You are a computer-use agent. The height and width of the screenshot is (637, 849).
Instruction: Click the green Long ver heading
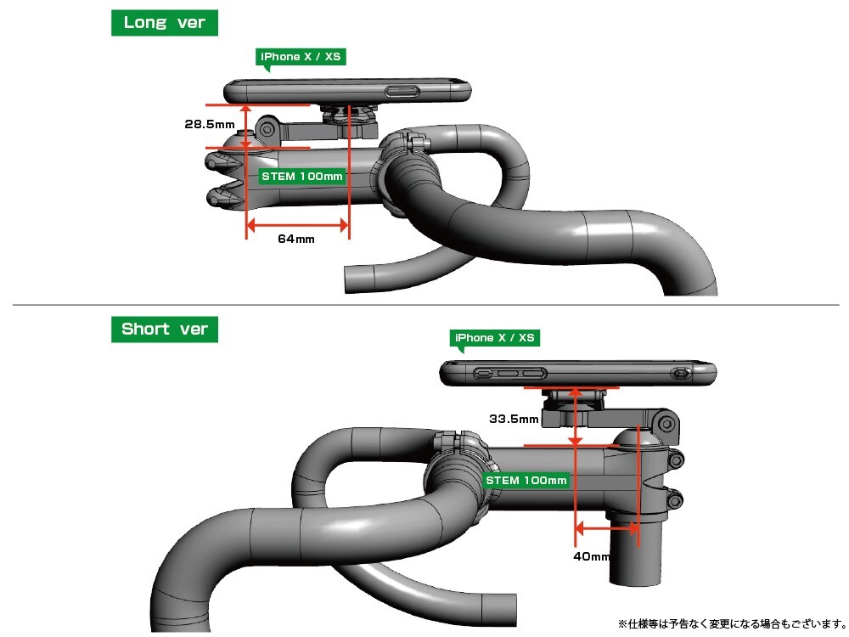point(165,23)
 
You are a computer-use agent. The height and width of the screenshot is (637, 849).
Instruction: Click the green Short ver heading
point(165,330)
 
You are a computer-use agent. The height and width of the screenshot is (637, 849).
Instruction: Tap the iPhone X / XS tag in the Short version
point(495,338)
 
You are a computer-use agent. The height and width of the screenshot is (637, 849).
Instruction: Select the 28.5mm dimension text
point(210,124)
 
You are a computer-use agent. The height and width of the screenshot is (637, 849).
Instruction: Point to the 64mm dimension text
point(296,239)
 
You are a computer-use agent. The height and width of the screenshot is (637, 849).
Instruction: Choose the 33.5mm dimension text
point(514,419)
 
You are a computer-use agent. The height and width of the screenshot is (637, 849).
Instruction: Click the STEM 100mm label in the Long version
point(301,177)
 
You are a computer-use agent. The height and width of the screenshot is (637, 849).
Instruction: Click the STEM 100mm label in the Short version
point(526,481)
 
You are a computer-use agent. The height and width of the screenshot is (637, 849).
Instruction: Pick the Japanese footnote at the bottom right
point(731,623)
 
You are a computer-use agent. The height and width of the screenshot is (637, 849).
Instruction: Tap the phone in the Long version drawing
point(348,89)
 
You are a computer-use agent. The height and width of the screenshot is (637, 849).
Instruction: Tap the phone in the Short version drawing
point(577,372)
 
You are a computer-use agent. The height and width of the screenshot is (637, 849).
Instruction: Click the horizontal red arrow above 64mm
point(297,225)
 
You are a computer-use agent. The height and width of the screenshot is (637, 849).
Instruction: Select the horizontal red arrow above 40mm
point(607,527)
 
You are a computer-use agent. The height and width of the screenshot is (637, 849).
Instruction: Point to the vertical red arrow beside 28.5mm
point(245,127)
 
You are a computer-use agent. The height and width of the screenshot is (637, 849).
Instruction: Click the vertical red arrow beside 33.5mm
point(576,416)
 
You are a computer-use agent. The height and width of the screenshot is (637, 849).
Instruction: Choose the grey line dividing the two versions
point(424,304)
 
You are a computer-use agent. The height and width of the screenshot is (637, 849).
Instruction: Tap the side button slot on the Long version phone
point(403,92)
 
